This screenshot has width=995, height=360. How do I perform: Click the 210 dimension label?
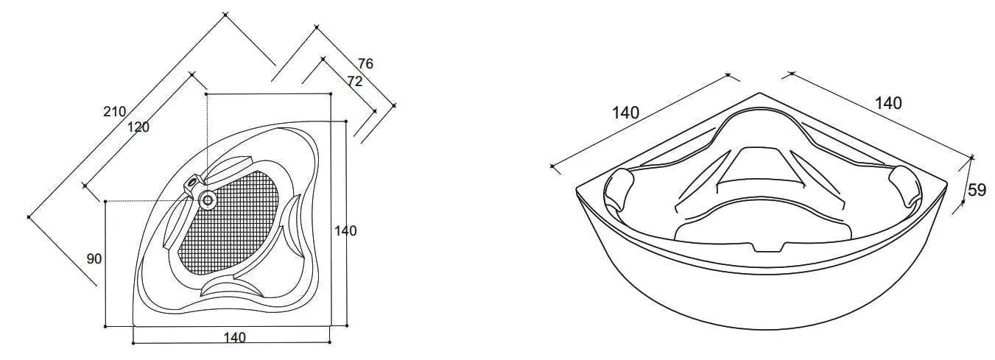click(114, 112)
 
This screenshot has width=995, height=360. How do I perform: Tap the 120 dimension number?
click(138, 127)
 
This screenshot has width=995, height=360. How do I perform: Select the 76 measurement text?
click(365, 64)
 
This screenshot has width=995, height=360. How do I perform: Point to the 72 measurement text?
click(354, 82)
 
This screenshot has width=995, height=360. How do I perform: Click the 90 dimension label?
click(94, 259)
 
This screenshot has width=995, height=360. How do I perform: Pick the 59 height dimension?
click(977, 190)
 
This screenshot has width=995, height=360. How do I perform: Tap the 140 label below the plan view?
click(234, 338)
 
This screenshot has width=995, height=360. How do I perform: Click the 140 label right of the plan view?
click(345, 231)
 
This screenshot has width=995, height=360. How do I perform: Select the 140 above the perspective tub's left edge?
click(625, 113)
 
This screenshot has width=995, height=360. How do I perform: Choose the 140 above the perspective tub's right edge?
click(888, 104)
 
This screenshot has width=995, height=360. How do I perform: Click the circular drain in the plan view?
click(208, 199)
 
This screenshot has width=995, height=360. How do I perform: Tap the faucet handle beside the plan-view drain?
click(192, 182)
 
